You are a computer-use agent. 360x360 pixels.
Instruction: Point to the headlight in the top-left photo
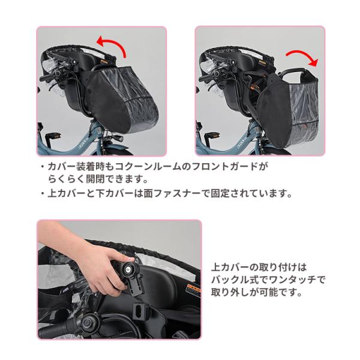click(x=118, y=137)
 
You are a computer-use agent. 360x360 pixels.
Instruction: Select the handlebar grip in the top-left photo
click(x=47, y=77)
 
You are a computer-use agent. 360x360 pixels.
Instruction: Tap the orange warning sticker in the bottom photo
click(x=193, y=289)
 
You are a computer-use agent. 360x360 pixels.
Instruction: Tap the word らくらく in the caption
click(x=67, y=179)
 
